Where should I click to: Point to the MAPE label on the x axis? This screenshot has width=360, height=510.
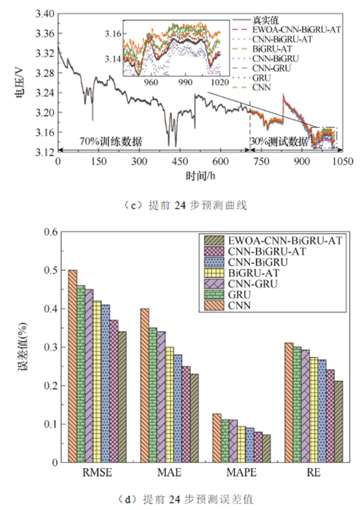click(x=241, y=472)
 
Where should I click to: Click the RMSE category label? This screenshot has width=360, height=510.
click(x=97, y=472)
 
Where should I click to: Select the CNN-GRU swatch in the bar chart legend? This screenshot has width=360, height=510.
click(x=214, y=284)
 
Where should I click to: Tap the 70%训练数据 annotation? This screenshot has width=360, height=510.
click(x=111, y=141)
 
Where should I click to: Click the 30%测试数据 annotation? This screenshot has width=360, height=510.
click(x=279, y=141)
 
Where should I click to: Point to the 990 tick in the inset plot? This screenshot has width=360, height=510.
click(x=185, y=83)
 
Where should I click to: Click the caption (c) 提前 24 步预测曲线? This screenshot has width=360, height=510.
click(x=186, y=205)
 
